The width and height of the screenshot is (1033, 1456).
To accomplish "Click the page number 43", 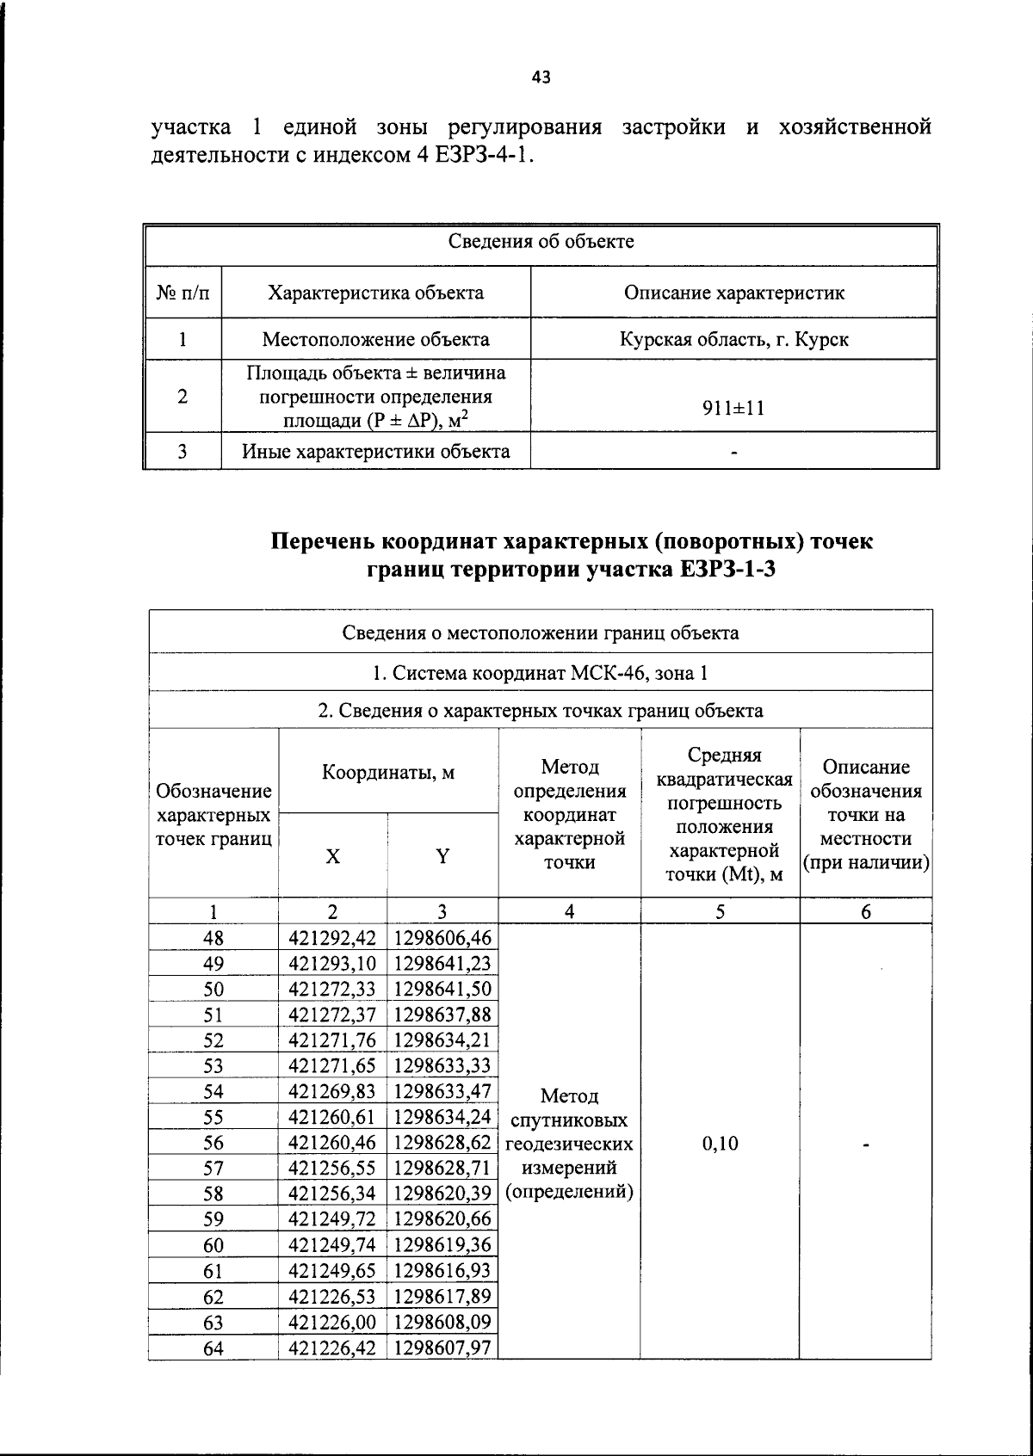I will (x=541, y=77).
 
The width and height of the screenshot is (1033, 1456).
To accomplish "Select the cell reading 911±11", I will (x=733, y=408).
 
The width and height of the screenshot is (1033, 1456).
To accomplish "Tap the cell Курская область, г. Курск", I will (x=733, y=339).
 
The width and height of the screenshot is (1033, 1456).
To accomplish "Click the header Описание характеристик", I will (x=733, y=293).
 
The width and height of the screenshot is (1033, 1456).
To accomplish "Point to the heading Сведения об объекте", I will (x=541, y=242).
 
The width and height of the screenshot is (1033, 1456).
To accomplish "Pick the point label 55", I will (x=213, y=1118).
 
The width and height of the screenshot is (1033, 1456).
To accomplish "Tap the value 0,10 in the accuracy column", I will (x=720, y=1144).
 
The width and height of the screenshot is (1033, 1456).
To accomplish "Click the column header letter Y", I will (x=442, y=856).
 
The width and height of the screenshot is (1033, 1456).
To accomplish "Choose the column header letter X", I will (x=332, y=856).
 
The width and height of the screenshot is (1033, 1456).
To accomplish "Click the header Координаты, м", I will (x=388, y=772).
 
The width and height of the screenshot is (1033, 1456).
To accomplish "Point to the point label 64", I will (x=213, y=1349).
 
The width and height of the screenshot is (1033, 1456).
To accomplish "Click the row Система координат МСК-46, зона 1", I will (x=541, y=673).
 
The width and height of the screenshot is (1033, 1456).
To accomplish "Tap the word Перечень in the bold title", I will (x=323, y=541).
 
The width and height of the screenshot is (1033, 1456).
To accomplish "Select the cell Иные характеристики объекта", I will (x=375, y=452).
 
